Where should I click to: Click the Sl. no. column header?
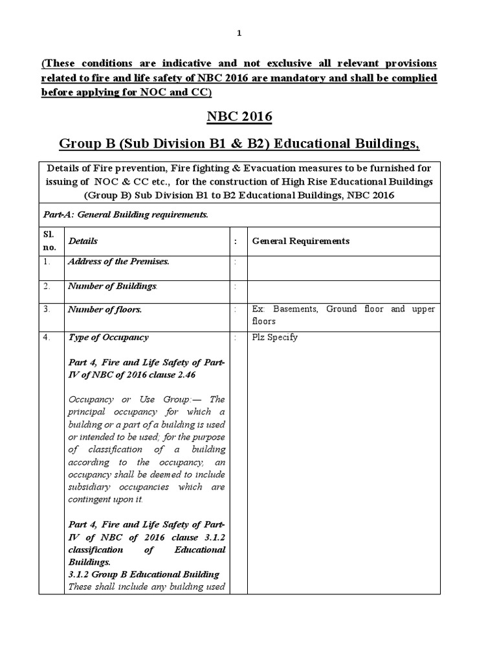(x=50, y=241)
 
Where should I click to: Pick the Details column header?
(x=83, y=241)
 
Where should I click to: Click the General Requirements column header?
(x=300, y=241)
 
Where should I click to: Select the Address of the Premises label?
(x=118, y=261)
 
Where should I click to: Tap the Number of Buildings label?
(x=113, y=286)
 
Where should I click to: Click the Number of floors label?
(x=105, y=309)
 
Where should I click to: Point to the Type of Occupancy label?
(x=108, y=337)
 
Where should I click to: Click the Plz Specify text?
(x=275, y=337)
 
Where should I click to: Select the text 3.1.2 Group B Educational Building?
(x=144, y=574)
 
